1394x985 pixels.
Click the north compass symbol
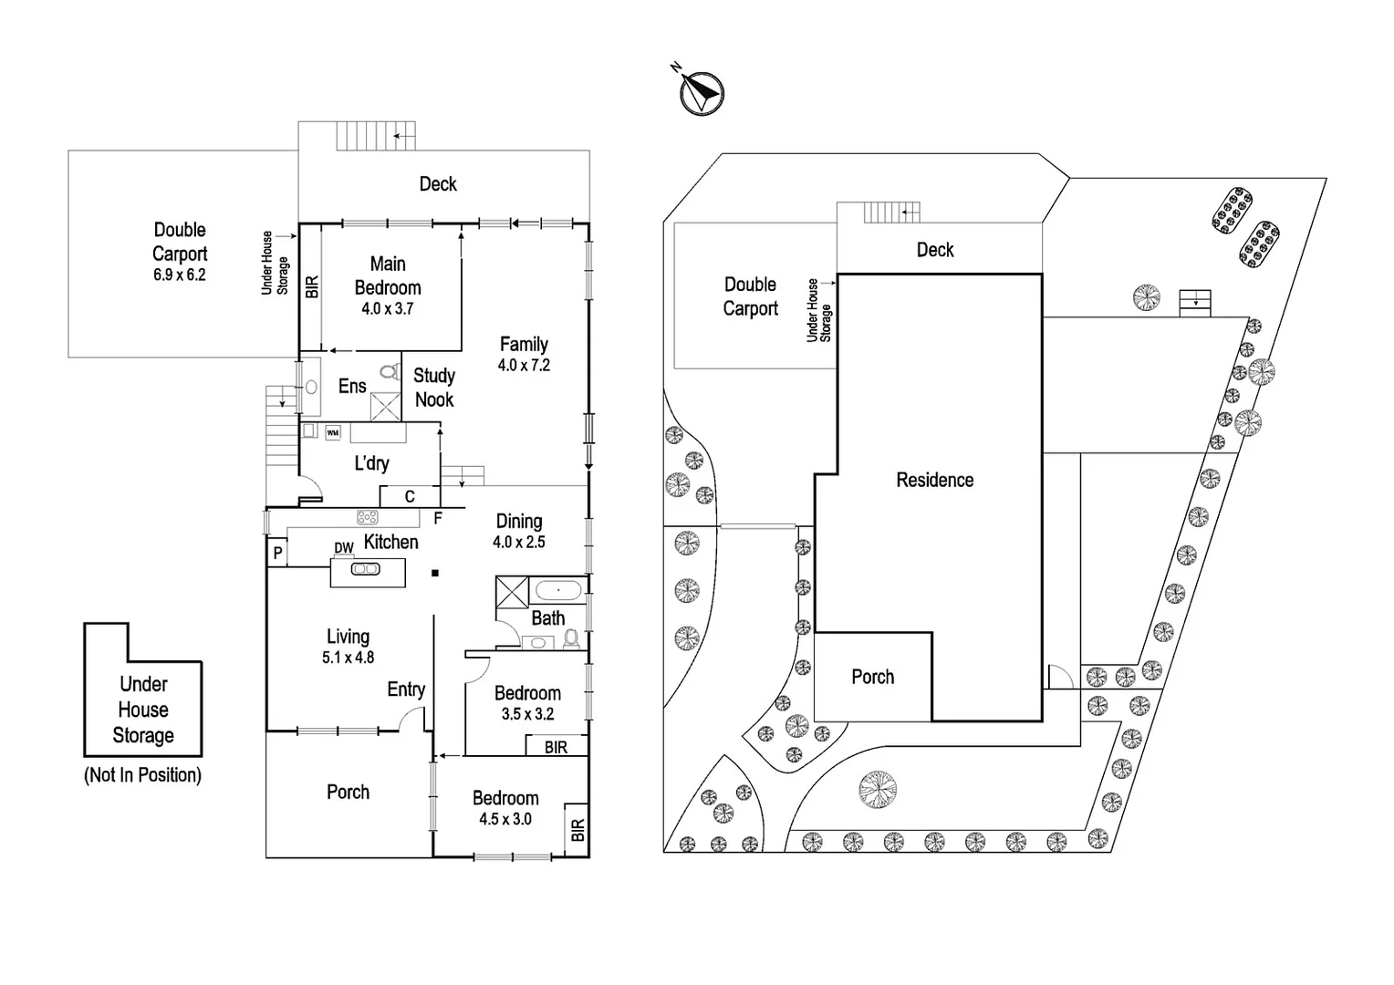[x=702, y=92]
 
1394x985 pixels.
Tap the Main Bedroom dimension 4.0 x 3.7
[x=387, y=309]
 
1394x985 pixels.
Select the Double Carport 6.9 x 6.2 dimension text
[x=180, y=275]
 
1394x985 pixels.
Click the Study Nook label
[x=434, y=388]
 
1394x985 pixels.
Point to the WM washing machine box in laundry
[x=333, y=433]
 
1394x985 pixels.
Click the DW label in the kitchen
[x=343, y=548]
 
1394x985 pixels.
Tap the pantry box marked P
[x=277, y=554]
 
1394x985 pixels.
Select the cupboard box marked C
[x=410, y=497]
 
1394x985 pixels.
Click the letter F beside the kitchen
[x=438, y=519]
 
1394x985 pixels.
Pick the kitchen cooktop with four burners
[x=368, y=517]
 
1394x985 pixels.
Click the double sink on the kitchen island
[x=366, y=569]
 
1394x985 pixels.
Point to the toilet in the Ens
[x=390, y=372]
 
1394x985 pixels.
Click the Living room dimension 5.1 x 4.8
[x=348, y=658]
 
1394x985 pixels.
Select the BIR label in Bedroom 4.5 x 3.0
[x=577, y=830]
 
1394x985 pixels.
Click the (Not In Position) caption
[x=142, y=775]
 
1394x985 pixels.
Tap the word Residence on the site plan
[x=934, y=480]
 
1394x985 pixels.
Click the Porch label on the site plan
[x=872, y=677]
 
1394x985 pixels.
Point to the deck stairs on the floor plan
[x=376, y=136]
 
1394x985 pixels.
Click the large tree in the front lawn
[x=878, y=789]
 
